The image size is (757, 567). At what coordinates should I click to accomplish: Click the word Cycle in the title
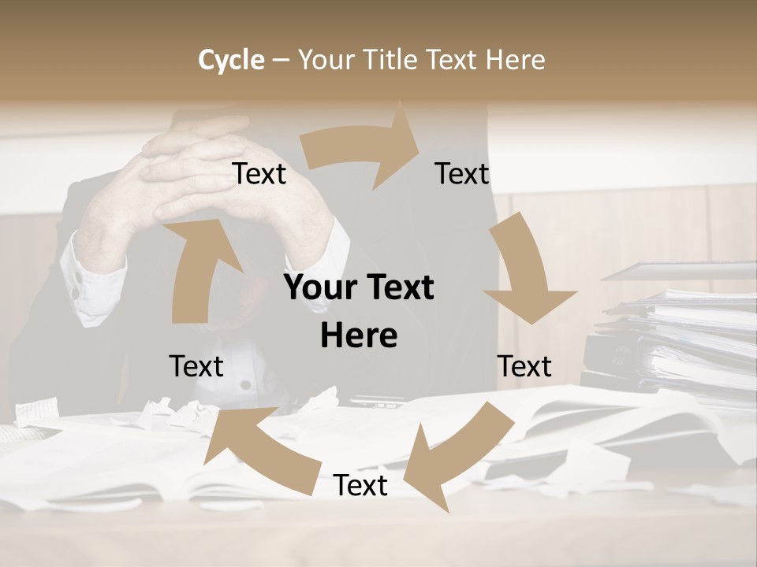pos(231,60)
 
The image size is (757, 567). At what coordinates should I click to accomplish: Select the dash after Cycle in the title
pos(281,60)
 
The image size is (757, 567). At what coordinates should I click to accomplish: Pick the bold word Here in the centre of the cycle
pos(359,335)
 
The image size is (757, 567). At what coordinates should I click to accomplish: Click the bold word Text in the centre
pos(397,287)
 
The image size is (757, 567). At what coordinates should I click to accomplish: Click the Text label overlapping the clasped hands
pos(259,173)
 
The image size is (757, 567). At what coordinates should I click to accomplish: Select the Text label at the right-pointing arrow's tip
pos(462,173)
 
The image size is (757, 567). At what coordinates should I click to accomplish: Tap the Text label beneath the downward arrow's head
pos(524,366)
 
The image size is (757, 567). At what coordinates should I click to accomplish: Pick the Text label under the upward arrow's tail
pos(196,366)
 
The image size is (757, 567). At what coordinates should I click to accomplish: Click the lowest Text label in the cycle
pos(360,485)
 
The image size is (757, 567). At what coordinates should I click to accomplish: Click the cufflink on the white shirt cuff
pos(76,293)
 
